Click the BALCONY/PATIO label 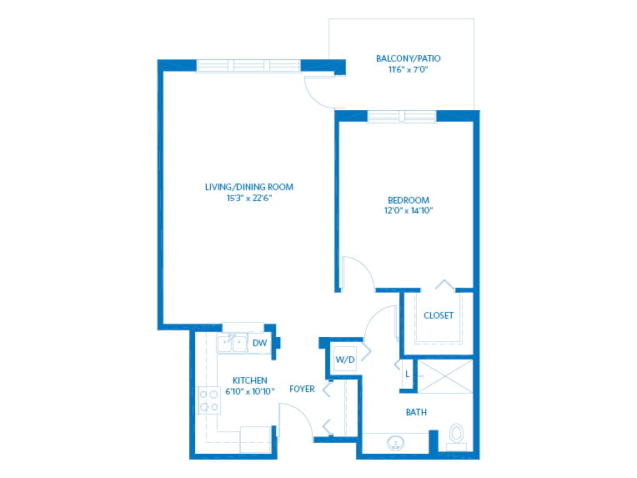pyautogui.click(x=408, y=58)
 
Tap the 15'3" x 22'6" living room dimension pyautogui.click(x=249, y=198)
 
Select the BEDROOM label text pyautogui.click(x=409, y=200)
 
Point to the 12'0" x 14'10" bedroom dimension pyautogui.click(x=409, y=210)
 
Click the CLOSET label pyautogui.click(x=439, y=315)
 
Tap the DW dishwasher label pyautogui.click(x=259, y=343)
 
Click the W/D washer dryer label pyautogui.click(x=345, y=360)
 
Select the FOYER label pyautogui.click(x=302, y=389)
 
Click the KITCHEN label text pyautogui.click(x=250, y=380)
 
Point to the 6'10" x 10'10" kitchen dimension pyautogui.click(x=250, y=391)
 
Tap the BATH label pyautogui.click(x=416, y=412)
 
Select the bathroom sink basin pyautogui.click(x=395, y=443)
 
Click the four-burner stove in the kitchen pyautogui.click(x=208, y=400)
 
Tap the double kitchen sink pyautogui.click(x=232, y=344)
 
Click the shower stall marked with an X pyautogui.click(x=445, y=376)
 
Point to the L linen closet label pyautogui.click(x=408, y=374)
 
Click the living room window pyautogui.click(x=248, y=65)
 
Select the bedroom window pyautogui.click(x=402, y=116)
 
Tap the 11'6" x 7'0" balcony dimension pyautogui.click(x=408, y=69)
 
